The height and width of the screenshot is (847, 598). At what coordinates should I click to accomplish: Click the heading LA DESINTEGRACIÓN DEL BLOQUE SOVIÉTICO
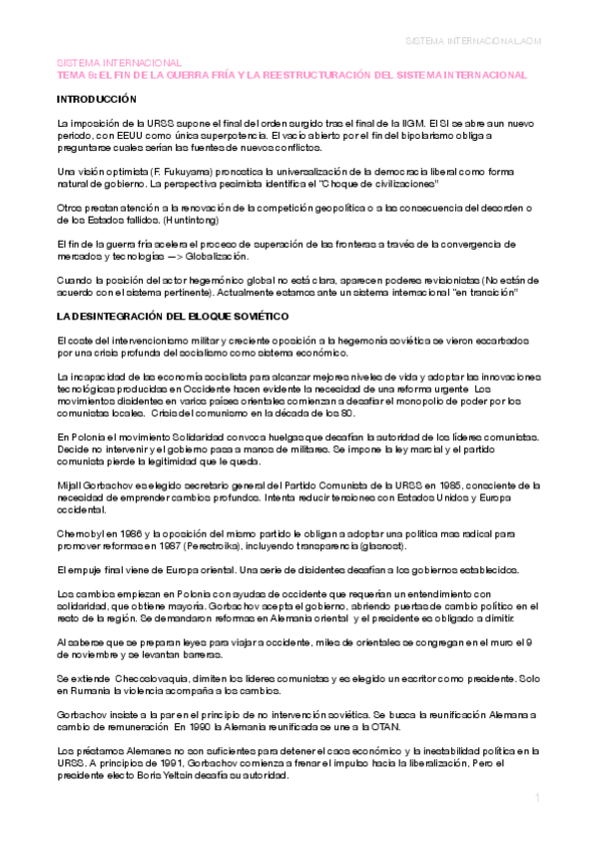pos(172,317)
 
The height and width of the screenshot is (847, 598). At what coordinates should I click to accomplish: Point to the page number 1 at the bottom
pos(537,798)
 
